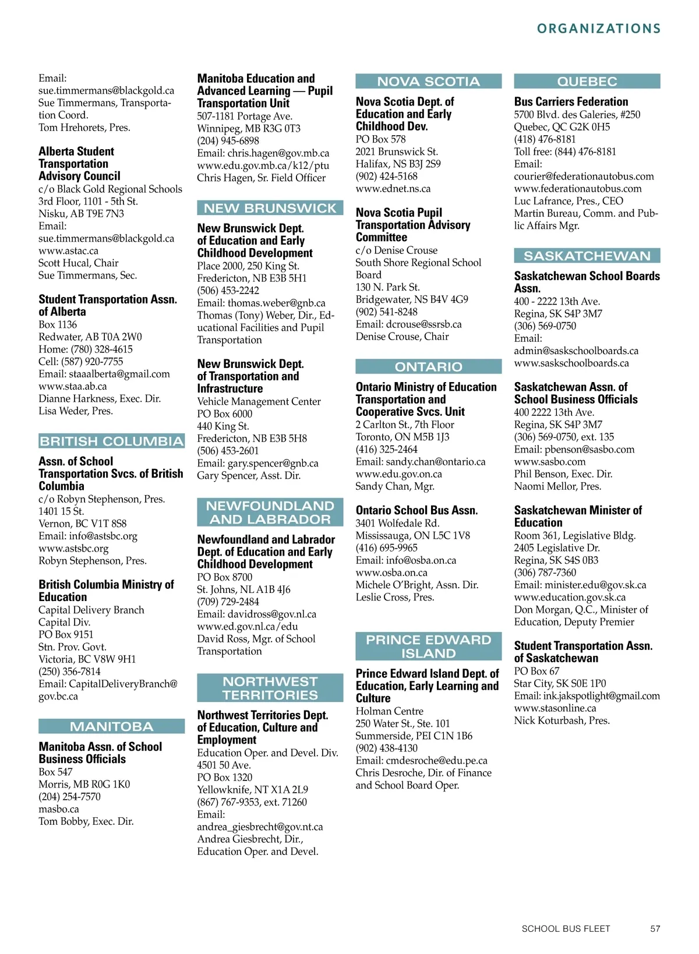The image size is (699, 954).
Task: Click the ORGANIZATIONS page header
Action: click(599, 29)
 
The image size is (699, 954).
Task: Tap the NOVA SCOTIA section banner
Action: click(428, 82)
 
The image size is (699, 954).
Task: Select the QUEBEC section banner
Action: click(587, 82)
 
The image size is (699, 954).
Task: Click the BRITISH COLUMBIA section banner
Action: click(111, 441)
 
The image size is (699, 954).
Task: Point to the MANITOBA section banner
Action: click(111, 726)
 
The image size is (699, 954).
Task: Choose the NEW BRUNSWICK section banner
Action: click(270, 208)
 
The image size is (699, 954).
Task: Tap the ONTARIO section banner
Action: click(428, 367)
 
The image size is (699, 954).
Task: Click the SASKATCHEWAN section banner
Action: click(587, 256)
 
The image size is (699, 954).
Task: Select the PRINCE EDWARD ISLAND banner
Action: click(428, 646)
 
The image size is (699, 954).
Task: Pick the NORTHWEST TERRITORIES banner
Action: click(270, 688)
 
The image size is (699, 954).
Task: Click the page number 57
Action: click(655, 929)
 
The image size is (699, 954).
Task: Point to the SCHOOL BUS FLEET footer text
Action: click(566, 929)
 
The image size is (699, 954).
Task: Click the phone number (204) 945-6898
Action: click(228, 141)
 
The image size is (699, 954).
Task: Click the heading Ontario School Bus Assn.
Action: click(416, 510)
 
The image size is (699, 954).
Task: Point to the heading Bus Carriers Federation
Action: click(571, 102)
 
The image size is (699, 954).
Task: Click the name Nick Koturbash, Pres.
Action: click(562, 720)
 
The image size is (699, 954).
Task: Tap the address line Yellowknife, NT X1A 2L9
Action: click(252, 790)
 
